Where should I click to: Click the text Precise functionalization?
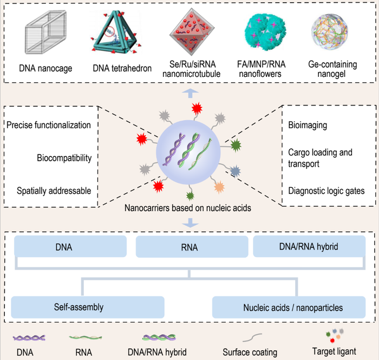pos(49,126)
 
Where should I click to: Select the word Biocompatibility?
pos(63,158)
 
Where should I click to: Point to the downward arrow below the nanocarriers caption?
pos(187,222)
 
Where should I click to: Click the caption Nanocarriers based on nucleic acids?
pos(187,208)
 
